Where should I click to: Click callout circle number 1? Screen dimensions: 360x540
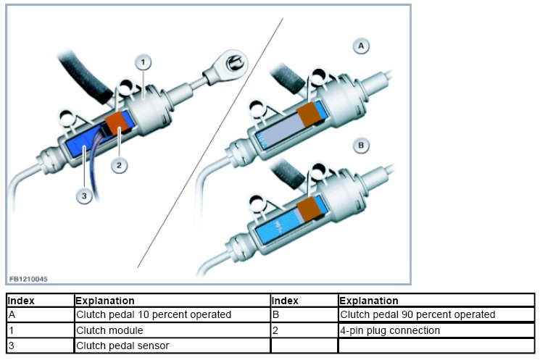pyautogui.click(x=144, y=61)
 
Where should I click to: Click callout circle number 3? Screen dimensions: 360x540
pyautogui.click(x=85, y=196)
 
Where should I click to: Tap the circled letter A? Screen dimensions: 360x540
pyautogui.click(x=360, y=46)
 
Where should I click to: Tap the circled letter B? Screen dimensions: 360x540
pyautogui.click(x=360, y=146)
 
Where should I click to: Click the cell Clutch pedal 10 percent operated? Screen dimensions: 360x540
pyautogui.click(x=153, y=315)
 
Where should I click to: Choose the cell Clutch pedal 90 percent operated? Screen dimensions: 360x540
pyautogui.click(x=418, y=315)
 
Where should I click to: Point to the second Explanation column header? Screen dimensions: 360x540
pyautogui.click(x=369, y=300)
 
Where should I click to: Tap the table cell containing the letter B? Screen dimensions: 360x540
pyautogui.click(x=275, y=315)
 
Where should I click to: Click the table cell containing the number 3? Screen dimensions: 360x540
pyautogui.click(x=12, y=346)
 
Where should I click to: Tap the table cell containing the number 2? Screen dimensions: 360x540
pyautogui.click(x=275, y=330)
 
